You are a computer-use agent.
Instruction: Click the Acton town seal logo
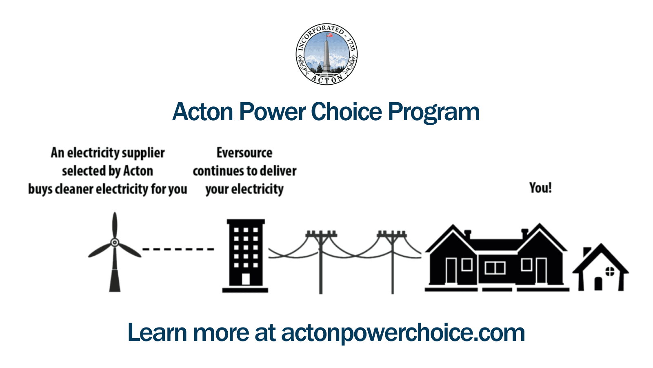326,54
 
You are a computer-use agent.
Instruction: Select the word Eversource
244,153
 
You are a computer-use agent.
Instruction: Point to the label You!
540,188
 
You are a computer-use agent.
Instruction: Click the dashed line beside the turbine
178,249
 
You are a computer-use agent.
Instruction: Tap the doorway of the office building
245,279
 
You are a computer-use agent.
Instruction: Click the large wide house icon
496,258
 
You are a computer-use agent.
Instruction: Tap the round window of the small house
609,271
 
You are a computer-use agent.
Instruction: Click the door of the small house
598,283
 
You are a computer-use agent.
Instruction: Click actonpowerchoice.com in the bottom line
403,332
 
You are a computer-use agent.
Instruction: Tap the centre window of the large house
495,268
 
